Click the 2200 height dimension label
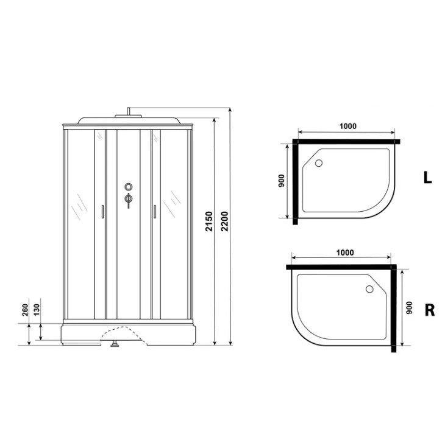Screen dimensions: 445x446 coord(225,221)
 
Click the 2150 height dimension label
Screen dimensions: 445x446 coord(210,221)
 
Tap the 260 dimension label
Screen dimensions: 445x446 coord(25,310)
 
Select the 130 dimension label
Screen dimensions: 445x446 coord(37,310)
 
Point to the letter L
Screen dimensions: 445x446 coord(427,178)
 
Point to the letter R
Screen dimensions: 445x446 coord(430,310)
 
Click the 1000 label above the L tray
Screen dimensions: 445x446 coord(348,126)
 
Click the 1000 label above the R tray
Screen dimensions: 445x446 coord(345,253)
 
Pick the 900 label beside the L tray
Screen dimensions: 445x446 coord(282,181)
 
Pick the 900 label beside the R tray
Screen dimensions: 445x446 coord(409,307)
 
